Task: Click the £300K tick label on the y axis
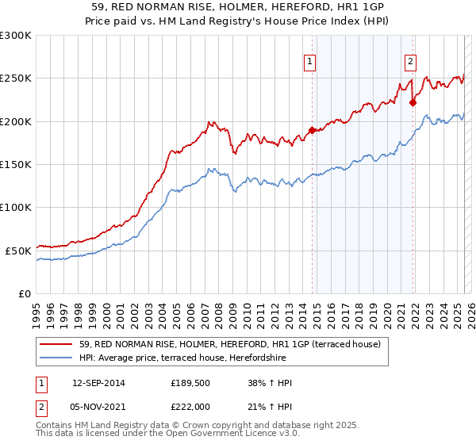pos(16,36)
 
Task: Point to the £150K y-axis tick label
pos(16,164)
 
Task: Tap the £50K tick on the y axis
pos(19,251)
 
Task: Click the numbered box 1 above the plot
pos(309,63)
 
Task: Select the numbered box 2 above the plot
pos(411,63)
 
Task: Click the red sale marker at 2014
pos(312,131)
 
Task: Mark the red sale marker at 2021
pos(413,102)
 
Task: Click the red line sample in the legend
pos(56,344)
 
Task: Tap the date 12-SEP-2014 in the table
pos(98,383)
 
